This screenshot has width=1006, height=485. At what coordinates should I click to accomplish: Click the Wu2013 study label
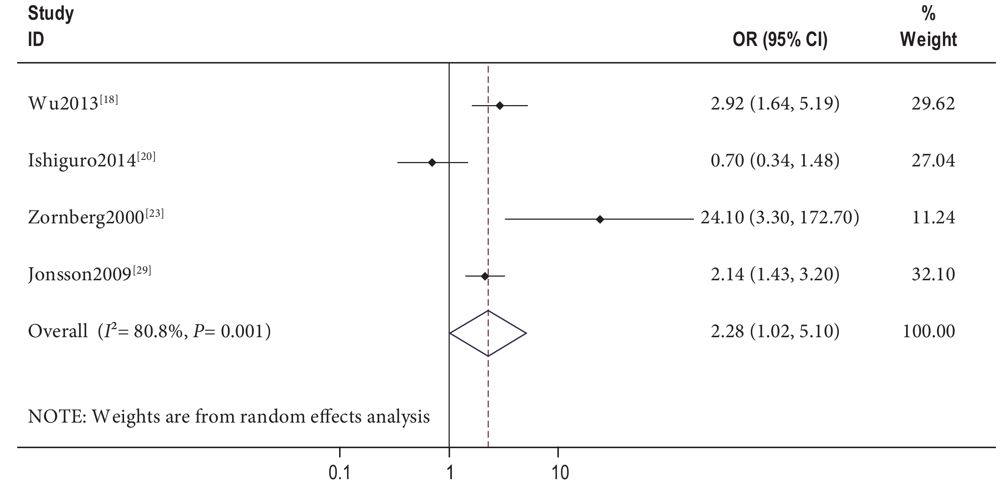pyautogui.click(x=72, y=103)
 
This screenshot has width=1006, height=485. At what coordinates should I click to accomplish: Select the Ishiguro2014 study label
pyautogui.click(x=91, y=160)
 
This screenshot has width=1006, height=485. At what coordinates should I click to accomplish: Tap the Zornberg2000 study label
pyautogui.click(x=95, y=217)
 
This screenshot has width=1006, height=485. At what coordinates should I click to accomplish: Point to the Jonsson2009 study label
pyautogui.click(x=89, y=274)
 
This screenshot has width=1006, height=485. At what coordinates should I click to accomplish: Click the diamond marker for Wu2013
pyautogui.click(x=499, y=105)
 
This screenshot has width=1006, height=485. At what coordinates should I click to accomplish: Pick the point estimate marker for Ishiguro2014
pyautogui.click(x=432, y=162)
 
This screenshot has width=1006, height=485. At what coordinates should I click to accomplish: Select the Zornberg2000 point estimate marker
pyautogui.click(x=600, y=219)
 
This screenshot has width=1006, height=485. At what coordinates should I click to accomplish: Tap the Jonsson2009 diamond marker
pyautogui.click(x=485, y=277)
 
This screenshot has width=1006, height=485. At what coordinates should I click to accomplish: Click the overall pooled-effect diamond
pyautogui.click(x=488, y=333)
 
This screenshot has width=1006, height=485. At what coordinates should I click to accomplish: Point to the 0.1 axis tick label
pyautogui.click(x=339, y=473)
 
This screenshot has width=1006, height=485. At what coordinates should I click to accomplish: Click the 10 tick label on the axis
pyautogui.click(x=560, y=473)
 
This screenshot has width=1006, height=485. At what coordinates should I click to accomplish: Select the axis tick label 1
pyautogui.click(x=450, y=473)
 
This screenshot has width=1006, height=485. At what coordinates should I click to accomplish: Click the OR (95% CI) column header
pyautogui.click(x=780, y=39)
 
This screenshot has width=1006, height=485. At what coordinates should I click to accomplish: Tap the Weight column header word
pyautogui.click(x=928, y=39)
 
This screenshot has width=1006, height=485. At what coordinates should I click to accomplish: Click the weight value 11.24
pyautogui.click(x=933, y=218)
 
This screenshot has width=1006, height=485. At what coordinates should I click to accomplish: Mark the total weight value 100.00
pyautogui.click(x=928, y=331)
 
